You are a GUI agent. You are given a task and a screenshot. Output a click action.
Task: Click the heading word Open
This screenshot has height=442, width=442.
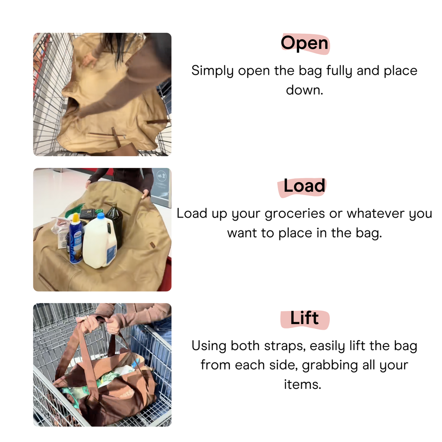point(304,43)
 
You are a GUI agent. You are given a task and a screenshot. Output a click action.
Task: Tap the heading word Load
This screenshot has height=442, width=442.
point(304,186)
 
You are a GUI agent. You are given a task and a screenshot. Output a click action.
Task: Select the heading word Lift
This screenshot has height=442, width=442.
point(304,319)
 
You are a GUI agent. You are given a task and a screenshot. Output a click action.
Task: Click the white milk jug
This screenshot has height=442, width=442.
point(99,244)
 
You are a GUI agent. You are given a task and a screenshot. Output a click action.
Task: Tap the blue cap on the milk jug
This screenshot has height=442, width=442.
point(101,216)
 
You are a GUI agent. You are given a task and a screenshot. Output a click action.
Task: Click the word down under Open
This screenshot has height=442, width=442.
point(304,90)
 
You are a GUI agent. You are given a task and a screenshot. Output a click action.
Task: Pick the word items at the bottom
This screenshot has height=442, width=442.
point(302,384)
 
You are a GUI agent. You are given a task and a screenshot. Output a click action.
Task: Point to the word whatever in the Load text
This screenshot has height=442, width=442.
point(375,214)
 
